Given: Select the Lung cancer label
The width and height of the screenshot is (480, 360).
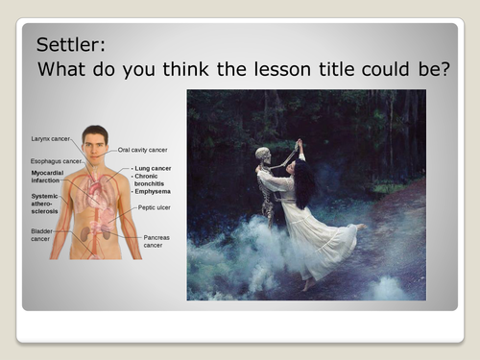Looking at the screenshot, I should (x=155, y=168).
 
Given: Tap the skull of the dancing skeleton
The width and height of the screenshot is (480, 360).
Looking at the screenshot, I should (x=263, y=154).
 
